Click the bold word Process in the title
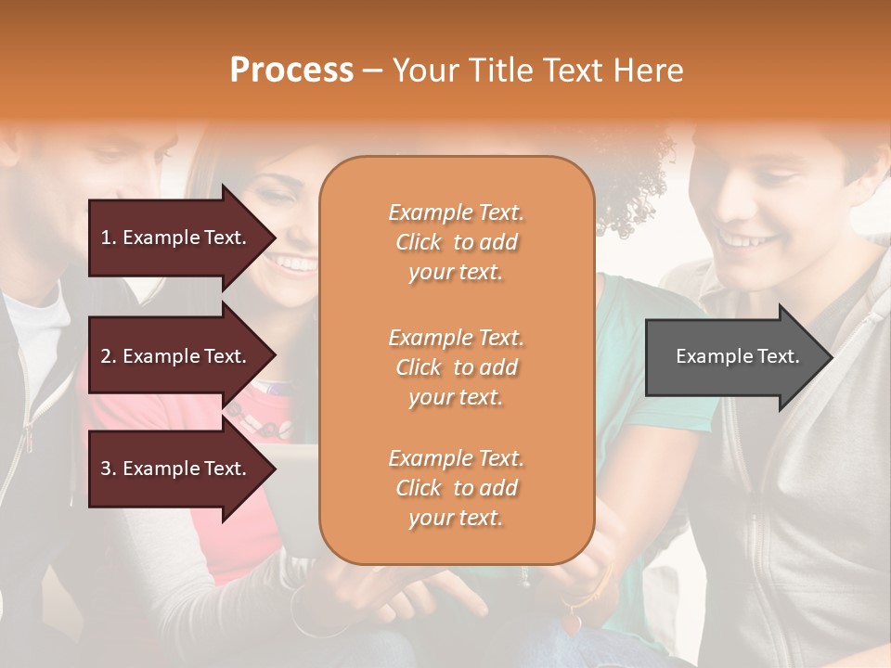pyautogui.click(x=291, y=71)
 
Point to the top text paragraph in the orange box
pyautogui.click(x=456, y=242)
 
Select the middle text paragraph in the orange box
pyautogui.click(x=456, y=367)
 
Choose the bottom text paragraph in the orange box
pyautogui.click(x=456, y=488)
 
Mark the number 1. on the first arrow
pyautogui.click(x=109, y=238)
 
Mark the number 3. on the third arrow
pyautogui.click(x=109, y=469)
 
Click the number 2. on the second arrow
pyautogui.click(x=109, y=356)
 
